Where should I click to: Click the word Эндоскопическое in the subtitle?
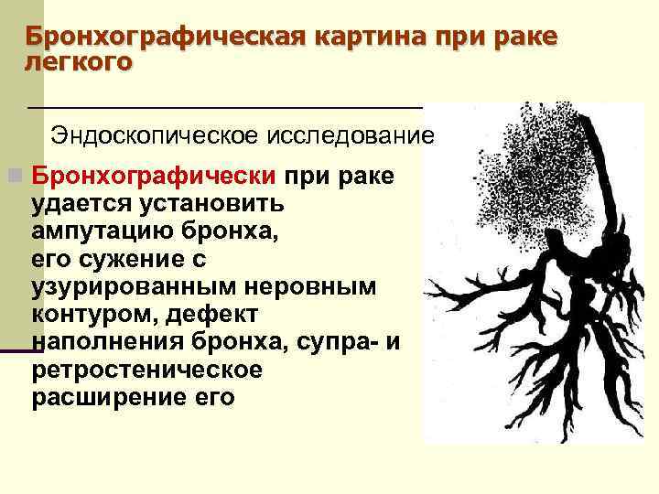coord(155,135)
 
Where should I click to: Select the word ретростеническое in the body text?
coord(146,371)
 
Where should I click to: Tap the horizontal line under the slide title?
coord(224,107)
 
